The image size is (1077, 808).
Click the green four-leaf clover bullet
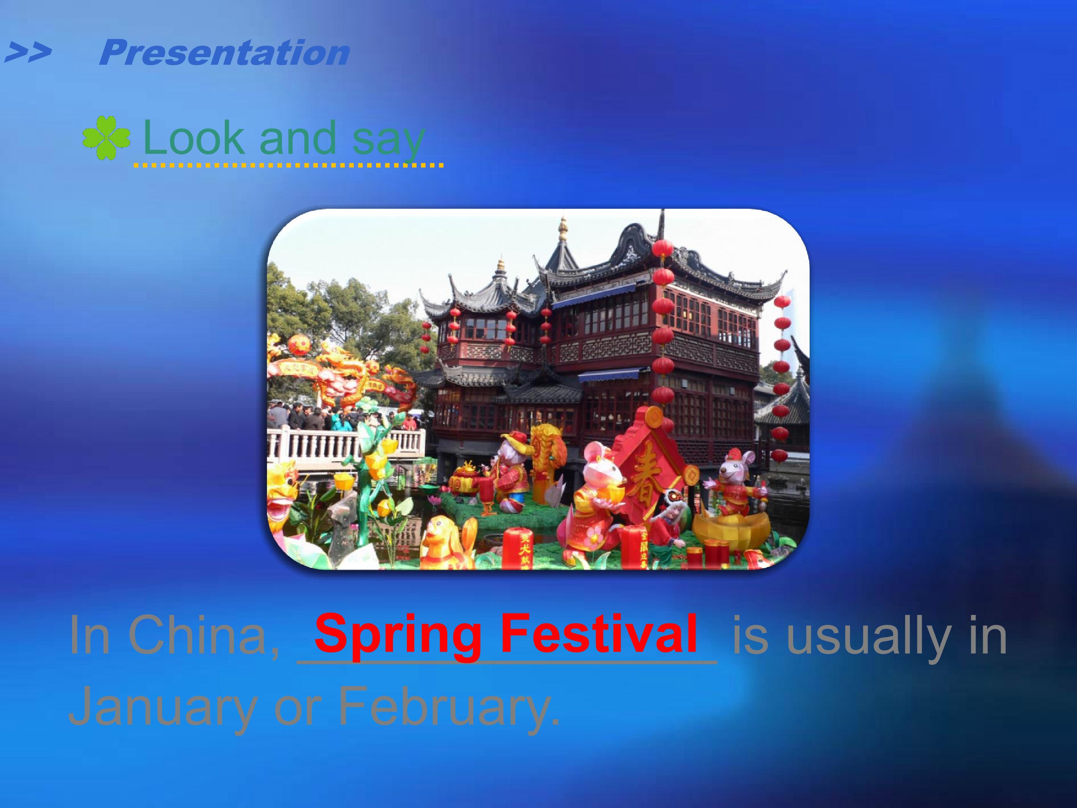(x=106, y=138)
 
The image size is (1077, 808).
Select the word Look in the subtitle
(x=193, y=137)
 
